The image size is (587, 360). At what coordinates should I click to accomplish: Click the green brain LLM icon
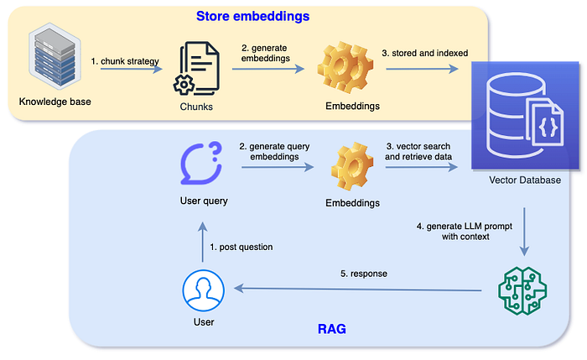[x=522, y=288]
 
